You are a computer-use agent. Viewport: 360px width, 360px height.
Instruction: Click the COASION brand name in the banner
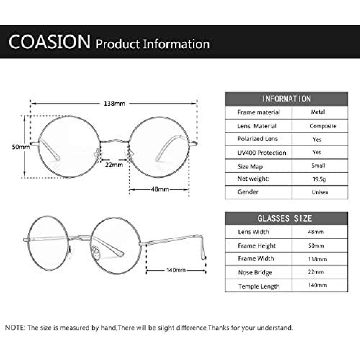49,42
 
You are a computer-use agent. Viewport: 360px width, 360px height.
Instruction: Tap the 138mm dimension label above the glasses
114,104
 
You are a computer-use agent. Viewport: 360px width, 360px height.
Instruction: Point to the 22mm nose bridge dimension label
114,165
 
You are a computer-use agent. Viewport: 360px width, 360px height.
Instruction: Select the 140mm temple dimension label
176,270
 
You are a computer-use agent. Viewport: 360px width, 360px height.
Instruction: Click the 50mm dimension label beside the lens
21,147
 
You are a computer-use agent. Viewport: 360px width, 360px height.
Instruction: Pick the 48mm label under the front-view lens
160,189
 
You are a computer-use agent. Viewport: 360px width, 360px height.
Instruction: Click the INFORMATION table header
286,99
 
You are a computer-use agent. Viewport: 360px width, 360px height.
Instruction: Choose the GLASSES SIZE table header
285,219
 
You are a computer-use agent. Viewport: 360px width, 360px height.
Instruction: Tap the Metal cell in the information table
318,112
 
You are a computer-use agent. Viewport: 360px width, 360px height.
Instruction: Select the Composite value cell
323,126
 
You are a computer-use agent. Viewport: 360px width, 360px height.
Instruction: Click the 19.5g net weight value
319,179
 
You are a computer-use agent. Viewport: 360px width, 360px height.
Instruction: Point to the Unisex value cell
320,192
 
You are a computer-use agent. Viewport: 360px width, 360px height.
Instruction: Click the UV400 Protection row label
262,153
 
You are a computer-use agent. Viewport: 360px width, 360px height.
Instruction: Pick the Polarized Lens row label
258,139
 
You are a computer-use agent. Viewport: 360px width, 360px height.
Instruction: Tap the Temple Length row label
259,286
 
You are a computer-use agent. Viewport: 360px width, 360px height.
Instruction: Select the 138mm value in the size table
317,259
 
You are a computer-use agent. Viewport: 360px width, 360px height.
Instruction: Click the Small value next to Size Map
318,166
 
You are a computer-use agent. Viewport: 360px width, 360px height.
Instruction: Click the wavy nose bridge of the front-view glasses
115,141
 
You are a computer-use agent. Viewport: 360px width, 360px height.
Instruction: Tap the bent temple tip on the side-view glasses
203,248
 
